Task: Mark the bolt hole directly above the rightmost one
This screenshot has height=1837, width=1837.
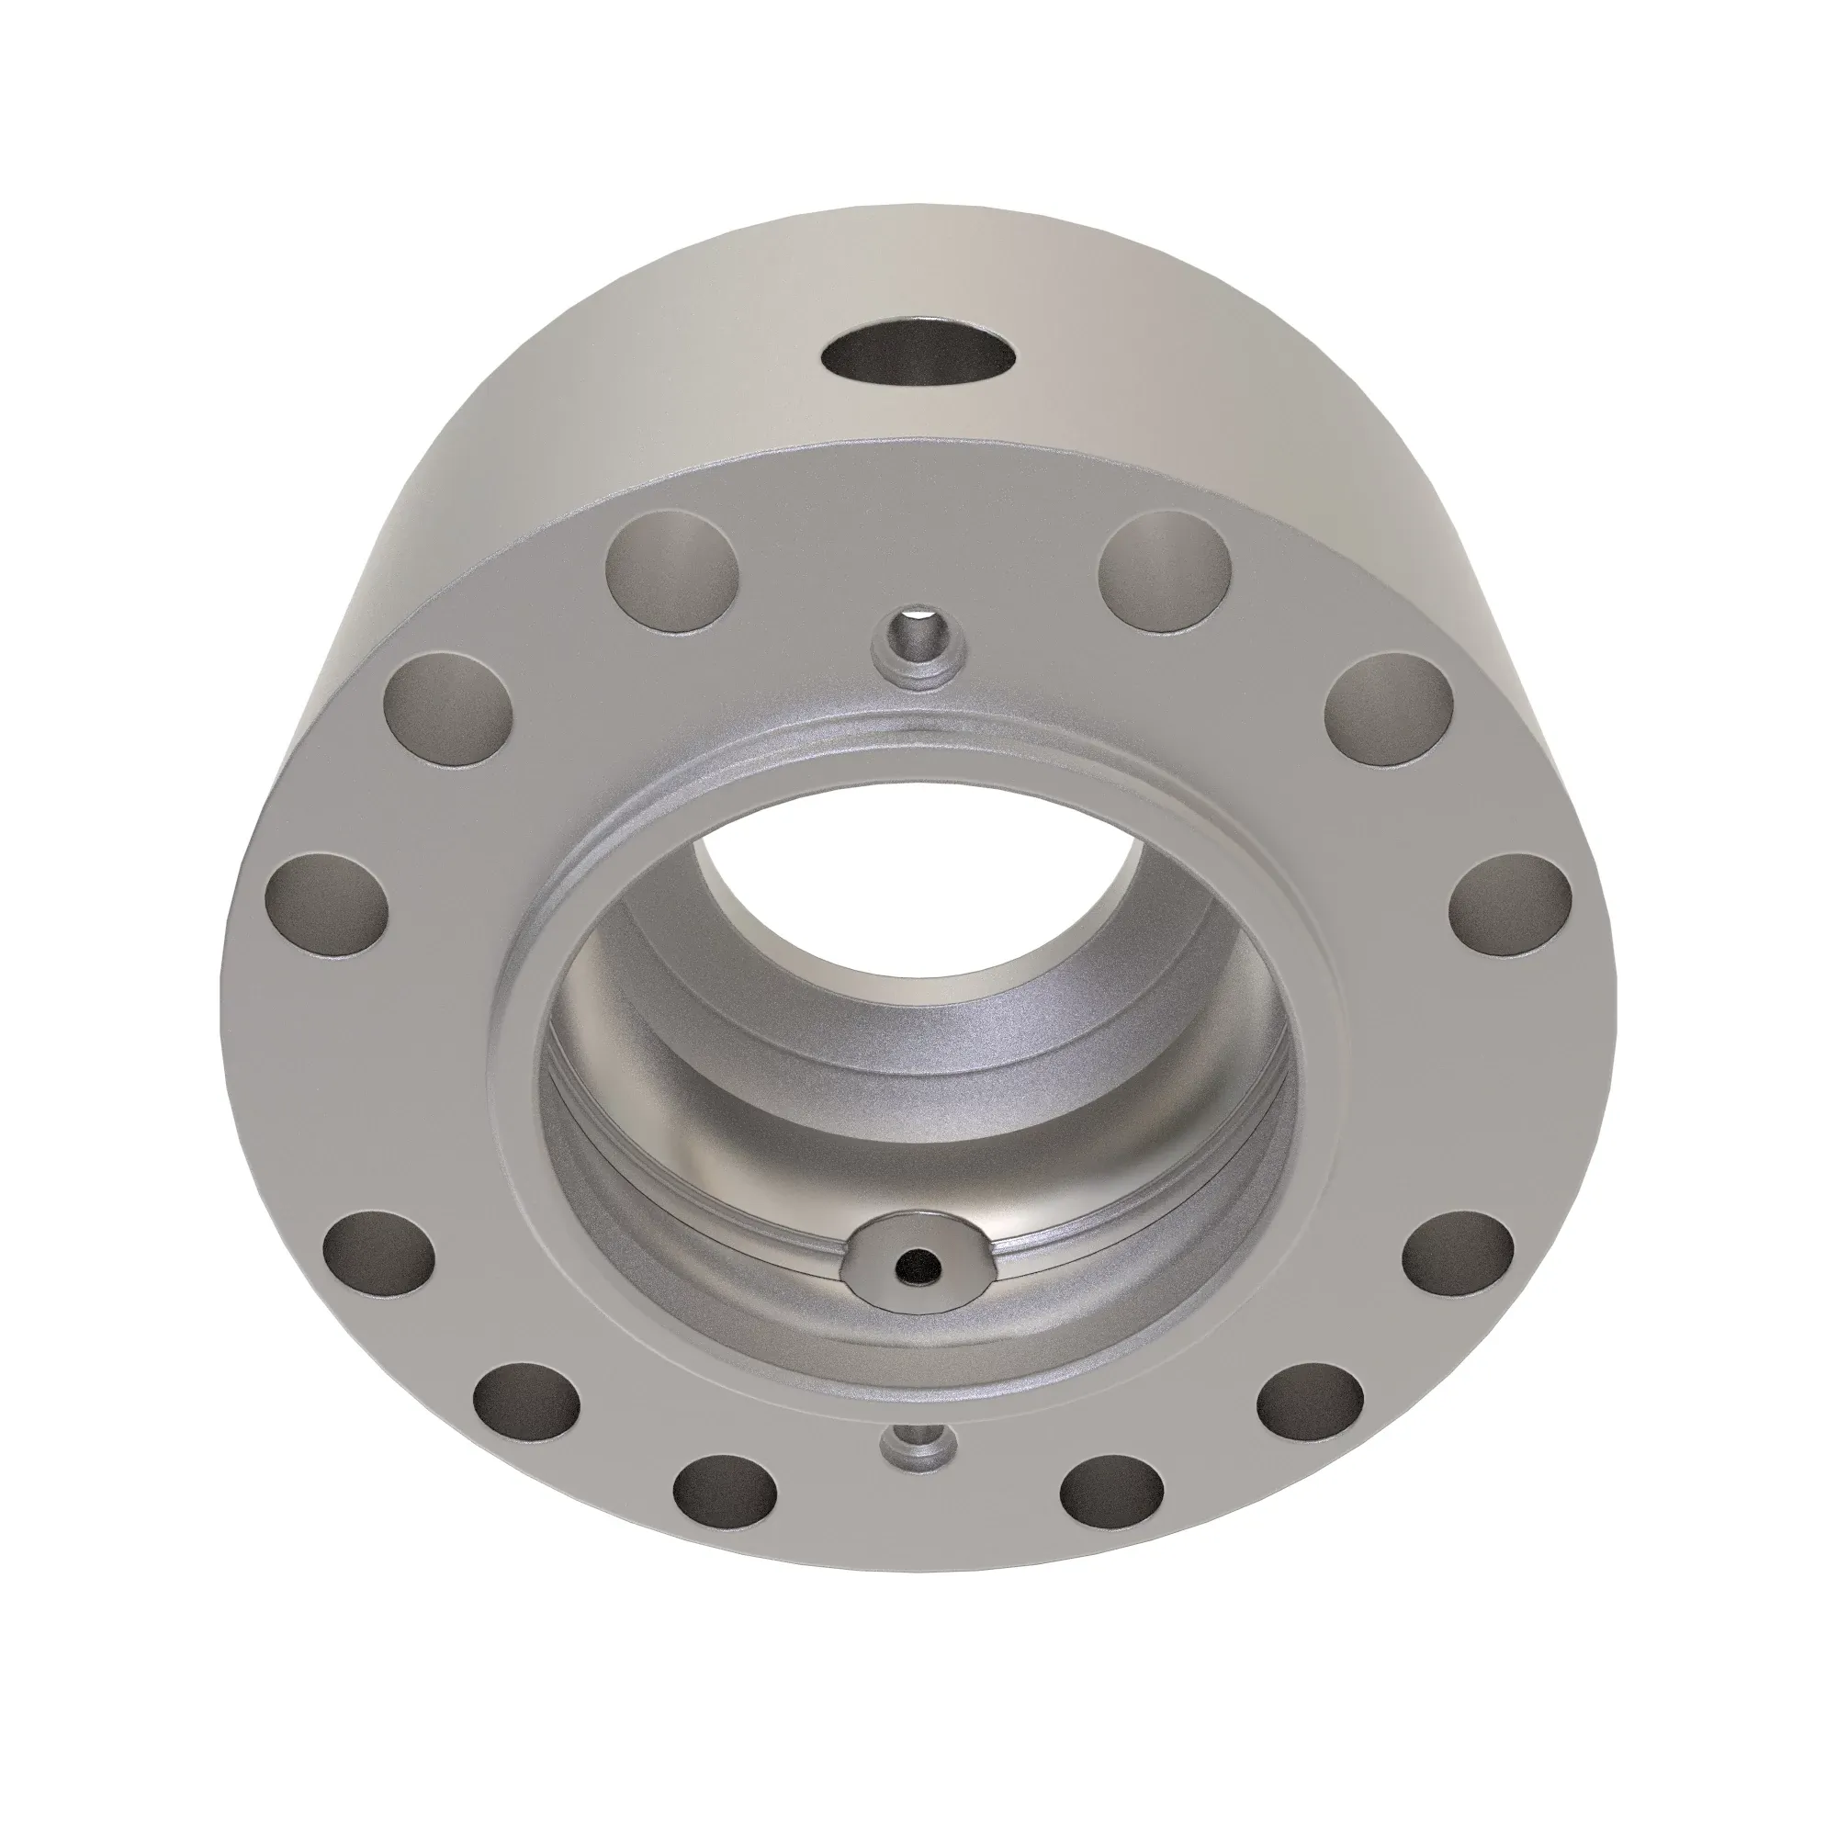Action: [x=1389, y=708]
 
